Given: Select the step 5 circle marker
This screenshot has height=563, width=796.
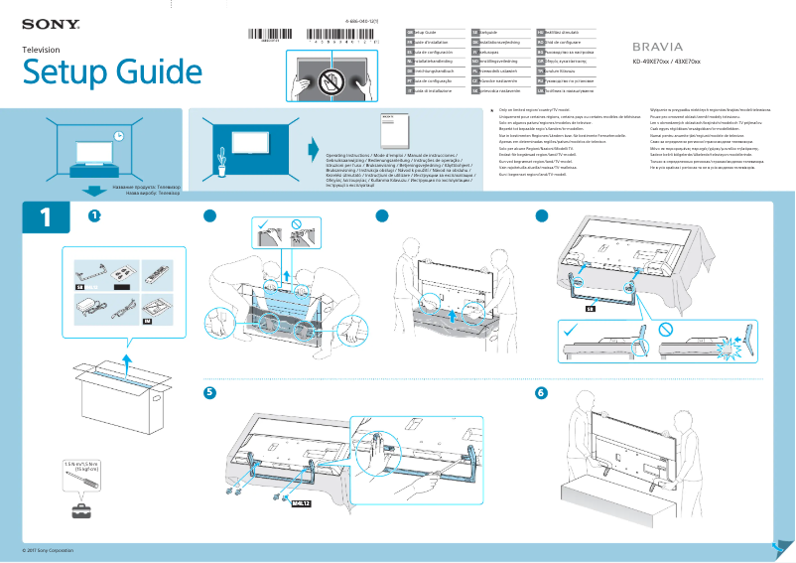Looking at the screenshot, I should tap(209, 393).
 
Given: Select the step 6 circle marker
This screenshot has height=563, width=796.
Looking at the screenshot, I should tap(541, 393).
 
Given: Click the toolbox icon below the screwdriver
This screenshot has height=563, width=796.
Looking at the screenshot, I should tap(80, 511).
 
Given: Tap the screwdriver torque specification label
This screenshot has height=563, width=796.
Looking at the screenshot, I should tap(81, 467).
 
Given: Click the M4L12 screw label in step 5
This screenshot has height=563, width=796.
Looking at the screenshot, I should tap(301, 503).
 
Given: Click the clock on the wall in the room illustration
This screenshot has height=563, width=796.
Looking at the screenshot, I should tap(118, 136).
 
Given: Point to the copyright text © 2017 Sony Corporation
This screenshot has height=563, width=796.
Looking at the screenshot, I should tap(49, 549).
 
